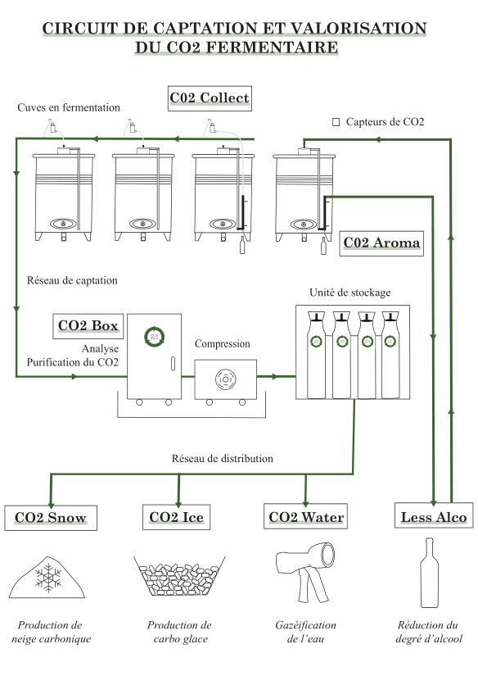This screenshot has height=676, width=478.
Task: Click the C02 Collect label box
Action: click(210, 98)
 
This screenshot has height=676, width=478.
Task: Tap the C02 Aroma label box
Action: click(381, 243)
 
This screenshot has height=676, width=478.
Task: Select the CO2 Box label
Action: click(88, 326)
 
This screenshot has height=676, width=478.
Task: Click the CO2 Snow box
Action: click(51, 518)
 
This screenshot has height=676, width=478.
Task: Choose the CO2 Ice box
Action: click(177, 517)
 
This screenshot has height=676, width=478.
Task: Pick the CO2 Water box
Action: click(305, 516)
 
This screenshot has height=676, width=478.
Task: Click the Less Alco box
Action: click(434, 515)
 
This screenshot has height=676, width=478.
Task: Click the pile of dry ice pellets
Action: click(179, 576)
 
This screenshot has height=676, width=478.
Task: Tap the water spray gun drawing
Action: click(305, 571)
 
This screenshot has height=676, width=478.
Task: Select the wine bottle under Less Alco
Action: click(430, 573)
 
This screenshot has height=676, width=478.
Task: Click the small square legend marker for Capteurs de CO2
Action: click(336, 122)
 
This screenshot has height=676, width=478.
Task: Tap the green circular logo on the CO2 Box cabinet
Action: click(155, 336)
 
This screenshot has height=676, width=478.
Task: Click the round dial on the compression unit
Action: click(226, 379)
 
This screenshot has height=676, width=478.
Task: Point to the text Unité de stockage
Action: click(350, 293)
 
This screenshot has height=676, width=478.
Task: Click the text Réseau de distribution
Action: click(222, 458)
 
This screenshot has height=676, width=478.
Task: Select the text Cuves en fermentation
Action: click(69, 107)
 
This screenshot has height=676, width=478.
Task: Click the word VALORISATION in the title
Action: click(358, 29)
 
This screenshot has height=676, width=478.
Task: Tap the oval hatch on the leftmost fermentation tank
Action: click(63, 224)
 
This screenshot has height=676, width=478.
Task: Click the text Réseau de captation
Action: click(72, 281)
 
